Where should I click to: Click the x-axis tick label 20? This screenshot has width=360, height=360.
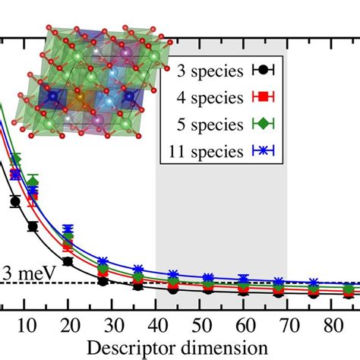[67, 322]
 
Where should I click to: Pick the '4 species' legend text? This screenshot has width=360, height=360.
[204, 96]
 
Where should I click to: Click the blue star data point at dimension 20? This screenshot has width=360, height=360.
[68, 229]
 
